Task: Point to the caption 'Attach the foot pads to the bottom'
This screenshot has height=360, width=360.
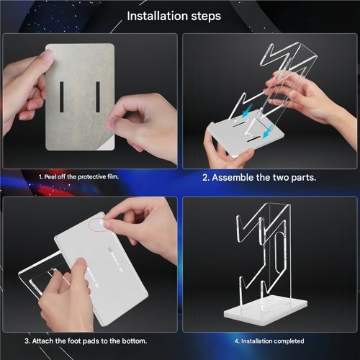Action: [86, 340]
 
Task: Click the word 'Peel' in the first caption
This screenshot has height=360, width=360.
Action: [51, 176]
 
